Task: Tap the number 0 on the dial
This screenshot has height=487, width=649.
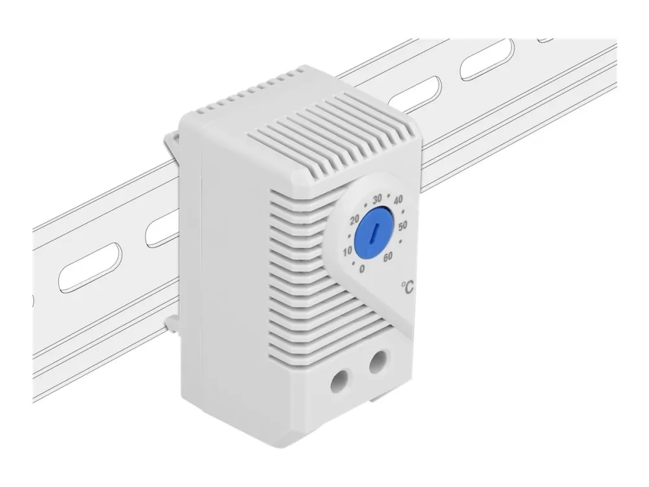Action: click(x=362, y=269)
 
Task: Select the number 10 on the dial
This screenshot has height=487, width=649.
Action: click(x=348, y=251)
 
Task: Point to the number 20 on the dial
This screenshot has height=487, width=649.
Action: click(x=354, y=221)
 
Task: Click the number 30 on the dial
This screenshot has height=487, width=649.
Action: click(x=376, y=199)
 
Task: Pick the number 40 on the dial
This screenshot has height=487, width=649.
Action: click(x=398, y=201)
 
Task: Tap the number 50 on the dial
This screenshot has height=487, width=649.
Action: click(x=403, y=226)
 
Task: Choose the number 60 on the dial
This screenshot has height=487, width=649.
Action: click(x=387, y=256)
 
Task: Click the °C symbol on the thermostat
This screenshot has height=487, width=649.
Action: click(x=407, y=286)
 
